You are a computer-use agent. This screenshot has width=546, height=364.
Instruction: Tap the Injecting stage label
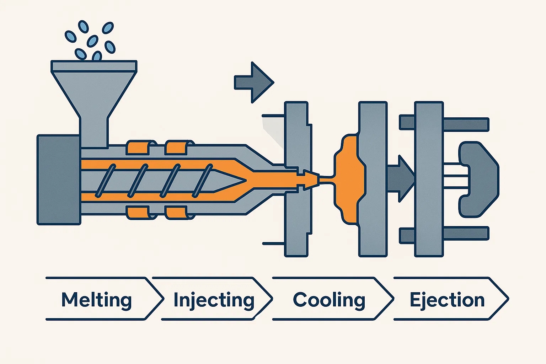[214, 300]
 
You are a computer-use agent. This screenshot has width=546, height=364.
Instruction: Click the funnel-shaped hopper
[94, 96]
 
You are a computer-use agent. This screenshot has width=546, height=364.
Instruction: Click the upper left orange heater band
[138, 148]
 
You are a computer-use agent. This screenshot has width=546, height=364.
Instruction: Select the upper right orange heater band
[177, 148]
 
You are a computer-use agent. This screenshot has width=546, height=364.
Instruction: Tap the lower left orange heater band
[138, 212]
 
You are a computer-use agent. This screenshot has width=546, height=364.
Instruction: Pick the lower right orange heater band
[177, 212]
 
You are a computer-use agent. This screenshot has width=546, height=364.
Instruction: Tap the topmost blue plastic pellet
[83, 26]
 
